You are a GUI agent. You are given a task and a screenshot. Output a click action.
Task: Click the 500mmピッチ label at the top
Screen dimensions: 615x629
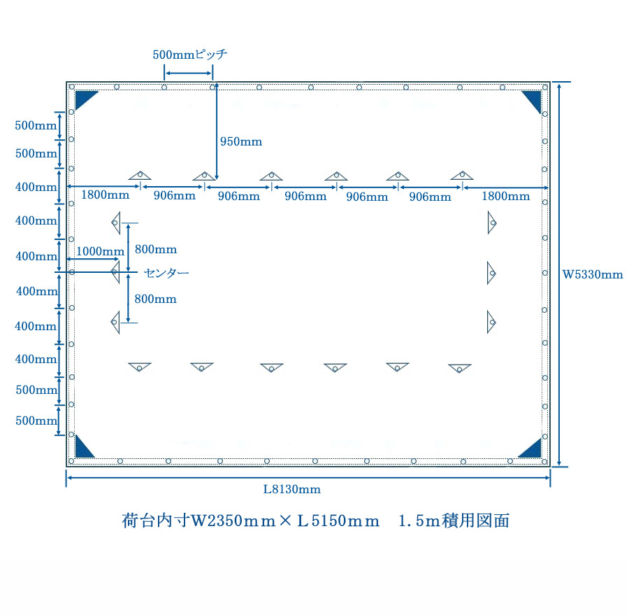(x=189, y=54)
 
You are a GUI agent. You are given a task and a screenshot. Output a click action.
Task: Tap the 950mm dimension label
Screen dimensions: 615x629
(x=241, y=141)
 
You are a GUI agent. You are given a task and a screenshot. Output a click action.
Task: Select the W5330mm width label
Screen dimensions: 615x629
(x=593, y=274)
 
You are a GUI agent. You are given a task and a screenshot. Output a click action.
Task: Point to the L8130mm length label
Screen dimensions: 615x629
(x=292, y=489)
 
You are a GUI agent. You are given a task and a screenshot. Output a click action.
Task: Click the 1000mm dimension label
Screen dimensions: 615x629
(x=100, y=251)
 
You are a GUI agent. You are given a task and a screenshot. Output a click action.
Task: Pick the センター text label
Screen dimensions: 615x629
(x=166, y=272)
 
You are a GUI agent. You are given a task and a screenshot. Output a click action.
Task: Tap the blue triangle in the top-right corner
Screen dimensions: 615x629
(x=533, y=99)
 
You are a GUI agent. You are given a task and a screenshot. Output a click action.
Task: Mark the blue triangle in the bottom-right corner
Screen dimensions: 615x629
(x=533, y=448)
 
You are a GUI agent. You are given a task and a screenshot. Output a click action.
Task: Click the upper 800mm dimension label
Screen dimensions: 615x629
(x=156, y=249)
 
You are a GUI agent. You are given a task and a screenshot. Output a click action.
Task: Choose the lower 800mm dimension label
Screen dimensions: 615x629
(x=156, y=299)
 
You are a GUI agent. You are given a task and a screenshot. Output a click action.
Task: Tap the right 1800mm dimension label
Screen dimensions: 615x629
(x=505, y=196)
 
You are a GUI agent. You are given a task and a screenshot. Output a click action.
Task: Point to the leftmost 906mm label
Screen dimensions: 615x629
(x=175, y=196)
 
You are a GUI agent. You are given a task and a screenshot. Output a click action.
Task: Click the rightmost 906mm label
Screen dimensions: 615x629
(x=430, y=197)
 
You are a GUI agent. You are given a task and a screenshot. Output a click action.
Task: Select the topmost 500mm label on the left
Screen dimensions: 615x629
(x=36, y=126)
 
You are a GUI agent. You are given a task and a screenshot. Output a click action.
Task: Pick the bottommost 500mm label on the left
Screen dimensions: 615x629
(x=36, y=420)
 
